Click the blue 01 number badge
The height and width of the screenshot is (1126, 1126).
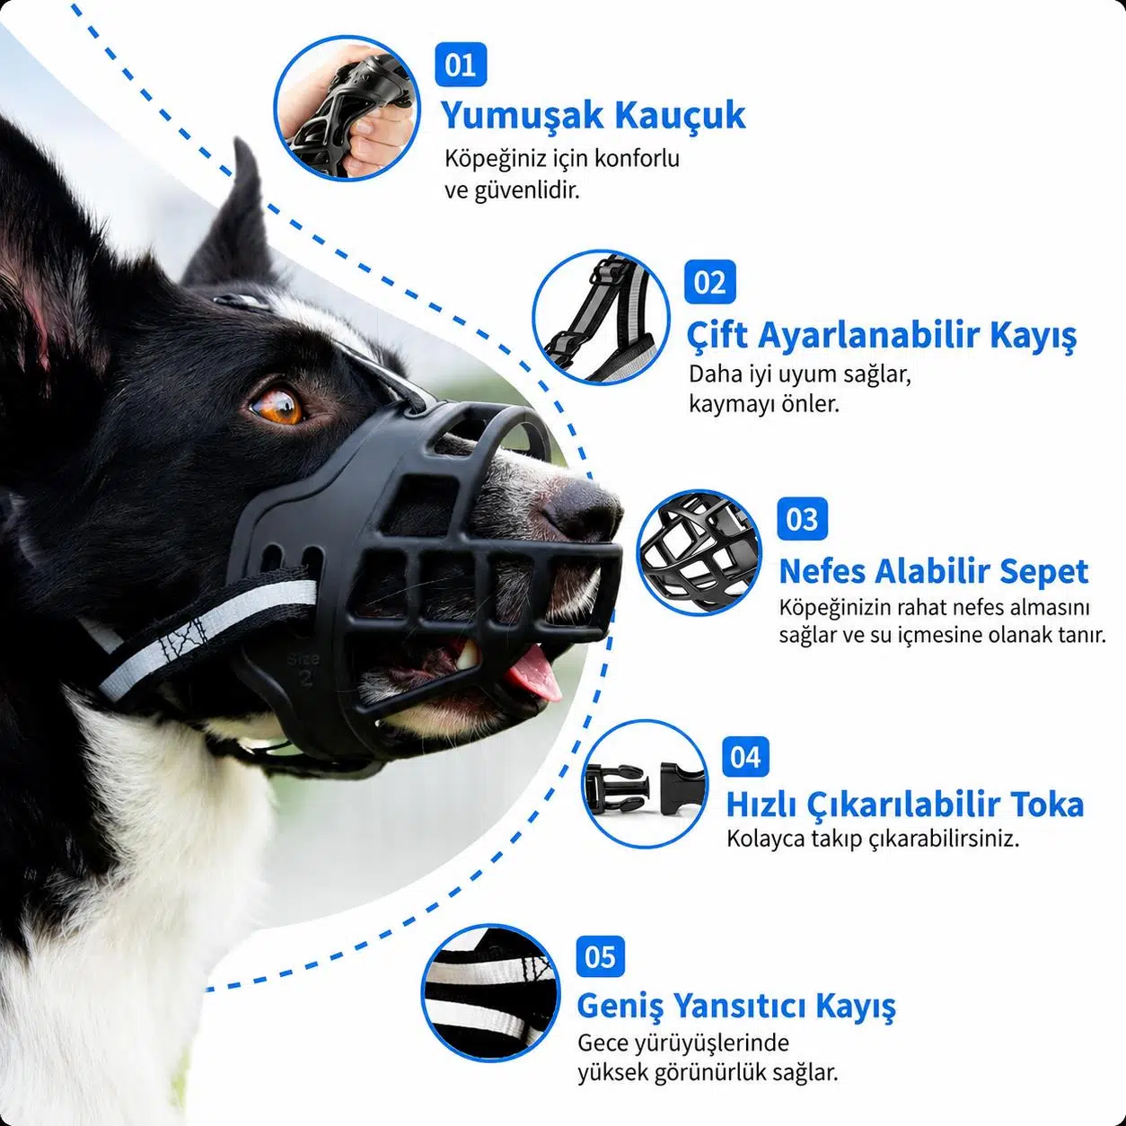coord(461,65)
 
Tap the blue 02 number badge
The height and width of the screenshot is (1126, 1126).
coord(709,282)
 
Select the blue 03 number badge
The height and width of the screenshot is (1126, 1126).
coord(802,519)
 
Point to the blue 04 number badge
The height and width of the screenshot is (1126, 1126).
coord(745,757)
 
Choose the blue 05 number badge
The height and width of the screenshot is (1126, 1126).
coord(600,957)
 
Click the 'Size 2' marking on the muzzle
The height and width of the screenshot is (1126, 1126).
coord(303,669)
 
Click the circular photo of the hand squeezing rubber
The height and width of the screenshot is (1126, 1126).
coord(347,109)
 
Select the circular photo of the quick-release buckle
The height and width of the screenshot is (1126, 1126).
coord(645,784)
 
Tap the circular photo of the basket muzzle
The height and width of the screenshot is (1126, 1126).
coord(699,553)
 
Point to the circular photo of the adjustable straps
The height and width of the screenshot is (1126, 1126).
coord(601,317)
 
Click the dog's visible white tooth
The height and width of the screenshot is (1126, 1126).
coord(467,655)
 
